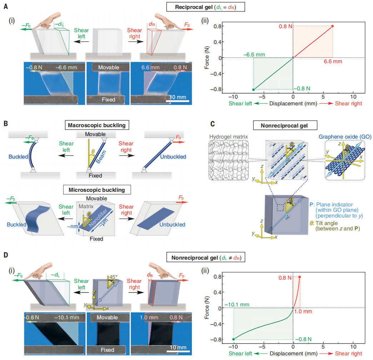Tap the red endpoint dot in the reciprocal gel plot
pos(333,26)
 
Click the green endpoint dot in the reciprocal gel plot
pos(254,89)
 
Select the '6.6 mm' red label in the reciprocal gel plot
pos(333,61)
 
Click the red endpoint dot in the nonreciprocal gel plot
pos(300,277)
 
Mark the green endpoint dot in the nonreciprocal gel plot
pos(234,339)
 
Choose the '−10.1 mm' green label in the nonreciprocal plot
pos(237,305)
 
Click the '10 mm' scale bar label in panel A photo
pos(177,97)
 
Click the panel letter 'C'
pos(213,124)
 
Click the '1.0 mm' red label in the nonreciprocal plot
pos(304,311)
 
